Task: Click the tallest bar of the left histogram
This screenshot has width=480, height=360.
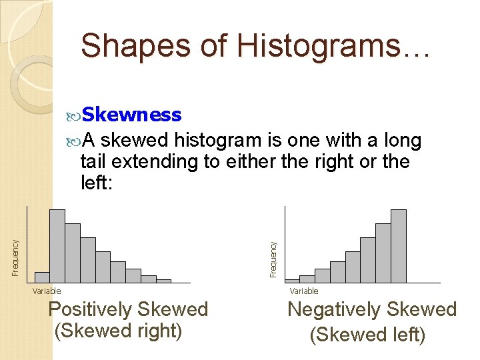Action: (57, 246)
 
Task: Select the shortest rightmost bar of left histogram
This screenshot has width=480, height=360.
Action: (163, 281)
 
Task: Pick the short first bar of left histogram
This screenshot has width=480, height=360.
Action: (42, 277)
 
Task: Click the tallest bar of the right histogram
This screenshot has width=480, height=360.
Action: (398, 246)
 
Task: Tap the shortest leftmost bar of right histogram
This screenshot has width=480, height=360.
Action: (292, 281)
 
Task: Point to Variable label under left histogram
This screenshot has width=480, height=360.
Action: (47, 291)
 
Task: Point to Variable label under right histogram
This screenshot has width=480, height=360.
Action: (304, 291)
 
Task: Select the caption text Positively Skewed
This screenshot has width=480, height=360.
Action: (128, 310)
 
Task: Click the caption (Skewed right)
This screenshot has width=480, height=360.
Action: (118, 331)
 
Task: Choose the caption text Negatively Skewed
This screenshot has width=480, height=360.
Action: (371, 310)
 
